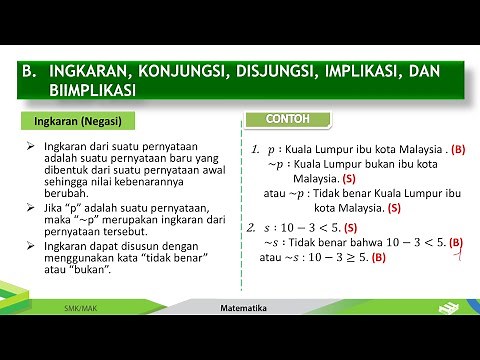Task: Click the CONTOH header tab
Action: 287,119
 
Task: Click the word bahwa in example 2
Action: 352,243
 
